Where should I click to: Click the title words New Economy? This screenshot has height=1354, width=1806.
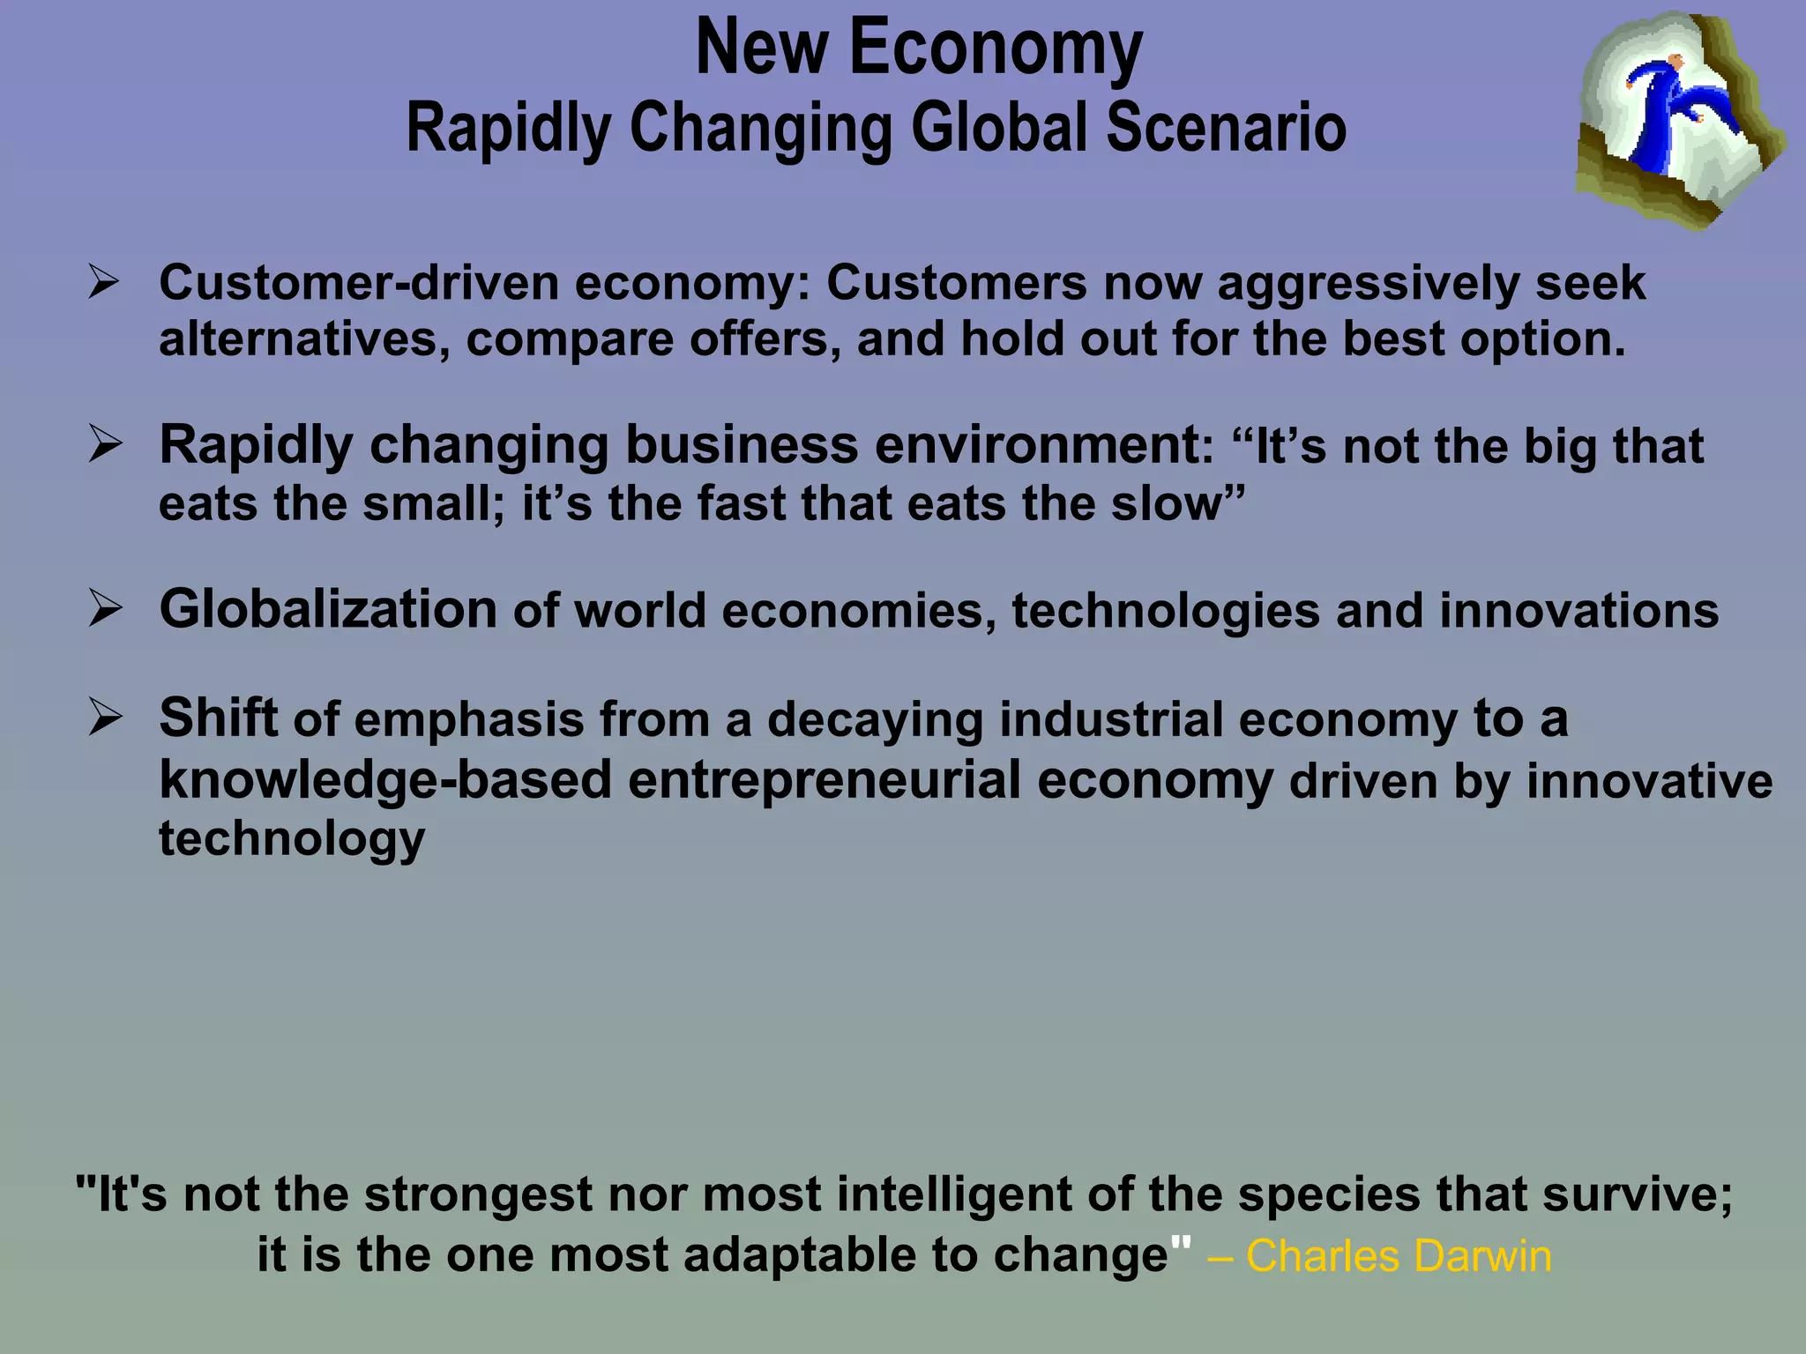coord(919,48)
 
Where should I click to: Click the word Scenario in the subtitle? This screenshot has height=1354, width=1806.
coord(1226,128)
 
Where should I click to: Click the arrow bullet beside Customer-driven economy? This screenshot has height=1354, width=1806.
coord(104,283)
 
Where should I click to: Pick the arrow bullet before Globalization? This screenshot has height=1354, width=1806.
coord(104,608)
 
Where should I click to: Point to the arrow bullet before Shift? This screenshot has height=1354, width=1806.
coord(104,718)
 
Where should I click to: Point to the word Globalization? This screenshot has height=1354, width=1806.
coord(328,609)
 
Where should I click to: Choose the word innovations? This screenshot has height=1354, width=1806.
coord(1578,610)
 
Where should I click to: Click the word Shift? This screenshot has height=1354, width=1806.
coord(218,718)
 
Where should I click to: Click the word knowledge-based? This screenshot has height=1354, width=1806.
coord(385,781)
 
